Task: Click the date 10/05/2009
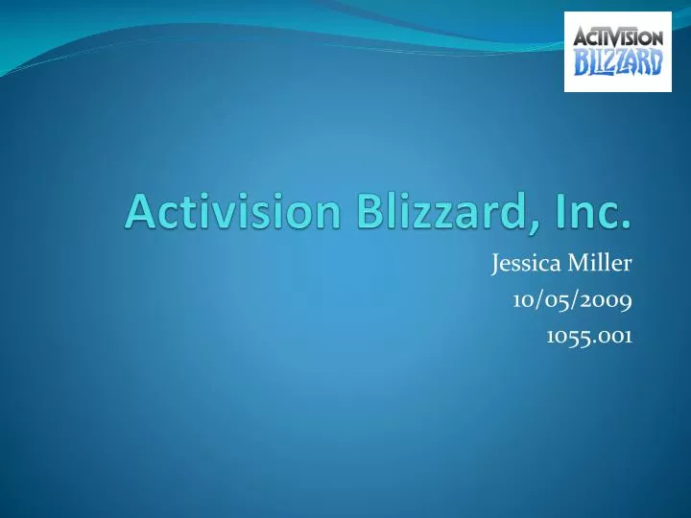click(572, 300)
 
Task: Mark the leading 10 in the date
click(524, 300)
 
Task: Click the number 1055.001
click(588, 336)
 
